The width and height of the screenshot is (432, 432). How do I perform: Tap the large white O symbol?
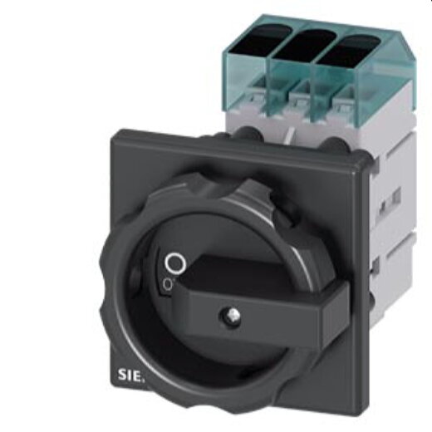[x=174, y=264]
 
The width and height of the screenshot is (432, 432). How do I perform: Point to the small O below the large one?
[x=168, y=284]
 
